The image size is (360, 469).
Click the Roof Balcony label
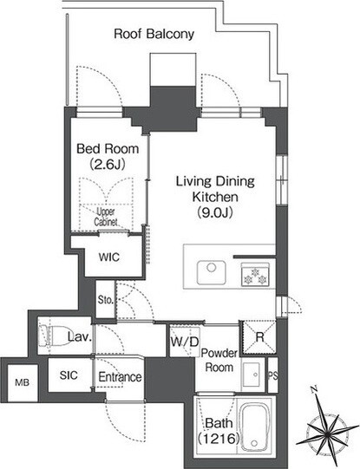(x=154, y=34)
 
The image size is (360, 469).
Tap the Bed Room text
(x=108, y=148)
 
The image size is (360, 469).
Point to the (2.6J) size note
(x=108, y=164)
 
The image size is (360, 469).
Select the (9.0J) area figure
(x=215, y=212)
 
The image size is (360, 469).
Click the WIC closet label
(x=109, y=257)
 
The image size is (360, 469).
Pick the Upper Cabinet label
(x=106, y=217)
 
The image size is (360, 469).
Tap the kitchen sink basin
(x=212, y=272)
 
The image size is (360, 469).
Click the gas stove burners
(x=255, y=276)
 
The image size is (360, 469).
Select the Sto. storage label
(x=106, y=300)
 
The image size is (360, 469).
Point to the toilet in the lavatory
(x=53, y=336)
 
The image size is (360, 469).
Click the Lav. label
(x=79, y=337)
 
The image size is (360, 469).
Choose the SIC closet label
(x=69, y=375)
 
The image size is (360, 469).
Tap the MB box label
(x=23, y=382)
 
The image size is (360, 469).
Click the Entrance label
(x=120, y=377)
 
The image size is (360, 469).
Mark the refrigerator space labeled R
(x=259, y=337)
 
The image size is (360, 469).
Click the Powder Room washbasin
(x=252, y=375)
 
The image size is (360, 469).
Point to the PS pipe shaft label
(x=272, y=375)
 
